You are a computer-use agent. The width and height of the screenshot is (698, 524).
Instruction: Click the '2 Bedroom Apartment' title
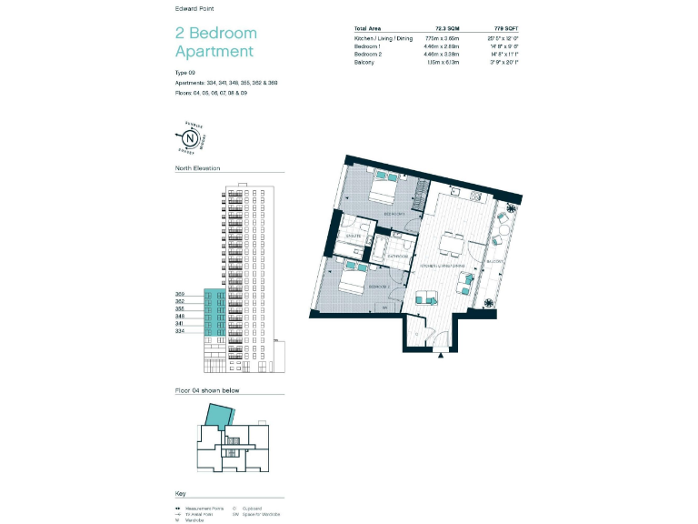point(214,43)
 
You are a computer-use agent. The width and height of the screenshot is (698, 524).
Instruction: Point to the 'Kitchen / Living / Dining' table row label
point(383,39)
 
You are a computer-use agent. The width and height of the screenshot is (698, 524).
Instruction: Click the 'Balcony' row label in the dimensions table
point(366,62)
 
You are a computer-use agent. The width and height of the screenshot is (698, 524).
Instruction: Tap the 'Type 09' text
point(185,72)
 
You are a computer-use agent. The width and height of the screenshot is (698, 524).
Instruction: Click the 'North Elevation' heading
point(197,168)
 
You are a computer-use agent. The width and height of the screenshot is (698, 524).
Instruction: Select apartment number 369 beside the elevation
point(180,294)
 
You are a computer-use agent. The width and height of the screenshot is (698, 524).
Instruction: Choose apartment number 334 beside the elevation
point(180,332)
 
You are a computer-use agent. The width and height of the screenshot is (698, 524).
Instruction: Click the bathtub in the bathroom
point(398,243)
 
